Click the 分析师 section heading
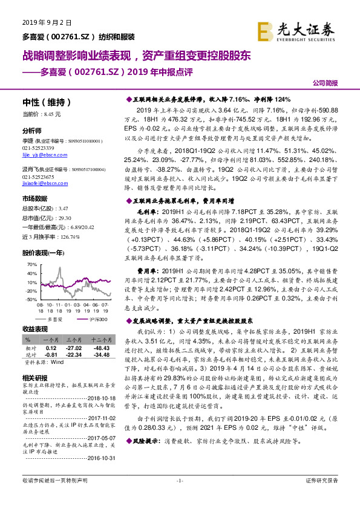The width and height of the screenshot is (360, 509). (x=32, y=131)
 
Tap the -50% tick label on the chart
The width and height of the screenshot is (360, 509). (x=29, y=299)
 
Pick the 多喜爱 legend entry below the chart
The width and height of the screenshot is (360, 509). (x=55, y=318)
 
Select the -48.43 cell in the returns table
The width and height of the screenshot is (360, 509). (x=100, y=349)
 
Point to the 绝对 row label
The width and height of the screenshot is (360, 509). (x=29, y=355)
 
